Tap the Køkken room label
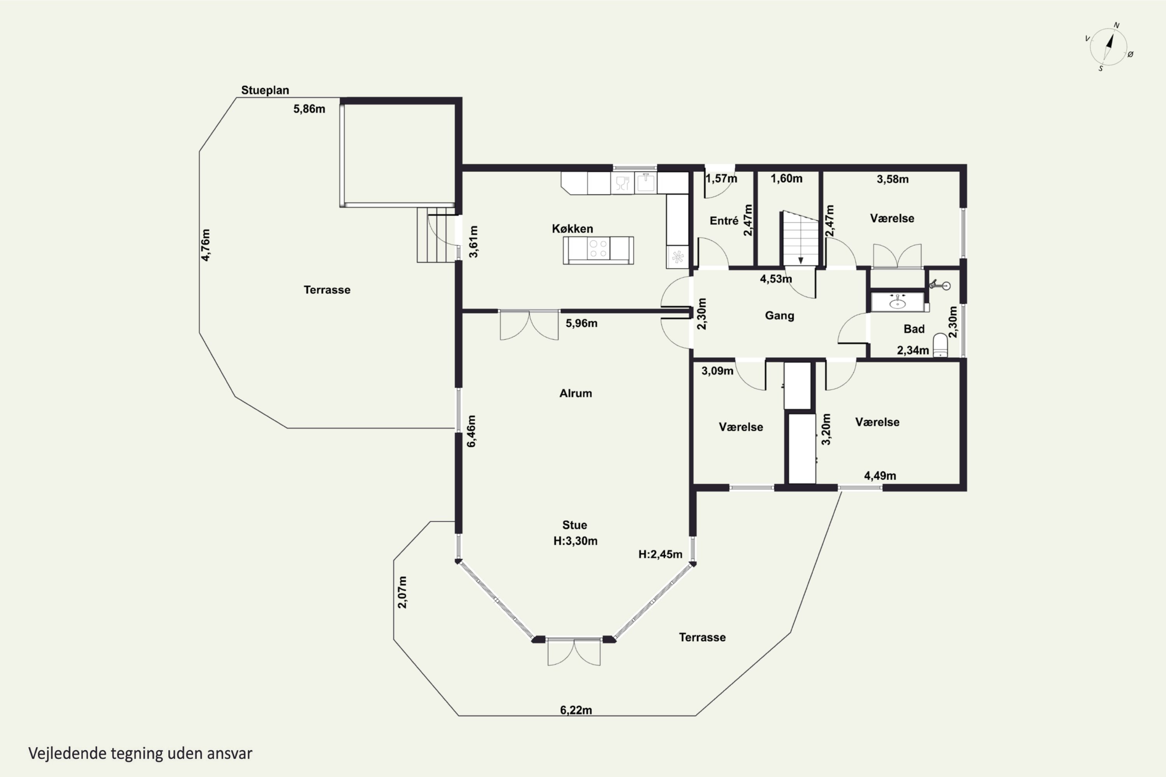coord(572,228)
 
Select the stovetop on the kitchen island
coord(599,248)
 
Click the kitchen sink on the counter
coord(646,183)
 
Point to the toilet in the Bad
coord(940,345)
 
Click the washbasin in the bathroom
coord(897,302)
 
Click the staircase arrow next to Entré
coord(800,260)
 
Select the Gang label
coord(779,315)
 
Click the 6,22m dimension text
coord(576,710)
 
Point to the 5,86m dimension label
coord(309,109)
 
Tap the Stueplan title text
coord(265,90)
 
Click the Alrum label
coord(575,394)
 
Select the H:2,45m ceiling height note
coord(660,554)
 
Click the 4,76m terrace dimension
coord(205,245)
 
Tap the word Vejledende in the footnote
coord(67,753)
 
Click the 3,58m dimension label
coord(892,179)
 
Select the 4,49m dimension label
coord(880,476)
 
